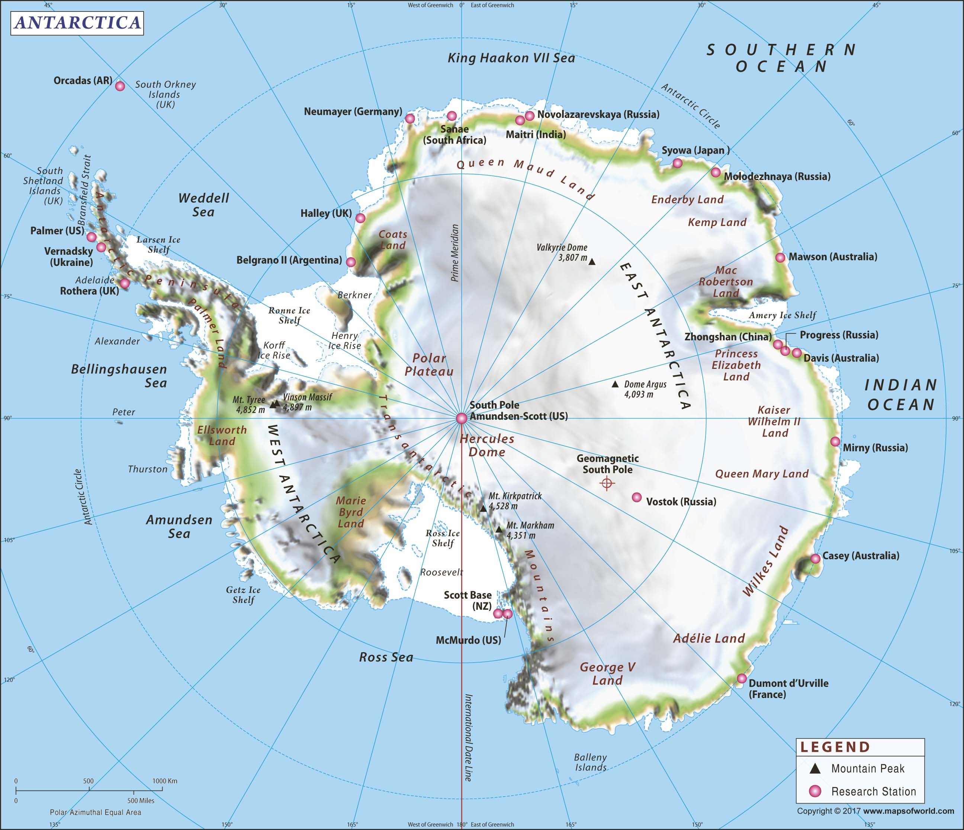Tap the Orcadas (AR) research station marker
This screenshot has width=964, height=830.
(120, 86)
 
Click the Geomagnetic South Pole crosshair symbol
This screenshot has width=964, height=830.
(607, 484)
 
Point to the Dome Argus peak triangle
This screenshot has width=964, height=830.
(615, 384)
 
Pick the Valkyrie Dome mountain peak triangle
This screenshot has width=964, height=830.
(592, 262)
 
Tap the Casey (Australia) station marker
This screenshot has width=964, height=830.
(815, 559)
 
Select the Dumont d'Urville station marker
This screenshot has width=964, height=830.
(742, 678)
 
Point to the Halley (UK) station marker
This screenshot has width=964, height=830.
(360, 218)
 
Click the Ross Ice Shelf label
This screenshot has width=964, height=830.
(443, 538)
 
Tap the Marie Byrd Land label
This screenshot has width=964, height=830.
(351, 512)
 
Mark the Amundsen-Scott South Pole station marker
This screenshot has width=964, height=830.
(461, 418)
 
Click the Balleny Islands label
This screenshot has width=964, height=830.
(590, 763)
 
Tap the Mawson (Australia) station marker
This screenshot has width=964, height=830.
(780, 257)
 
